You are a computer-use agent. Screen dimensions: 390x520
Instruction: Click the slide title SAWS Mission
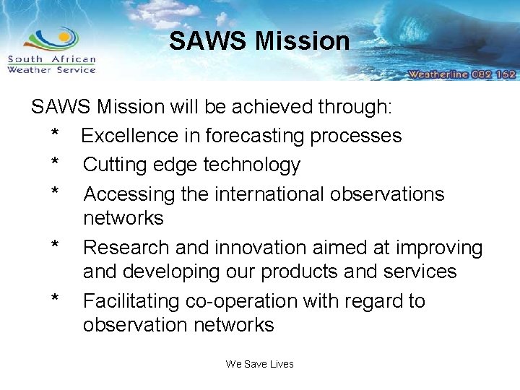pos(259,41)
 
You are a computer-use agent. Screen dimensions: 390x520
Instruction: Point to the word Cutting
pos(118,165)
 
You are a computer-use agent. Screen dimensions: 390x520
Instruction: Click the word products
pos(303,272)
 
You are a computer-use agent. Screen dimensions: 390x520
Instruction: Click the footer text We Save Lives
pos(259,364)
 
